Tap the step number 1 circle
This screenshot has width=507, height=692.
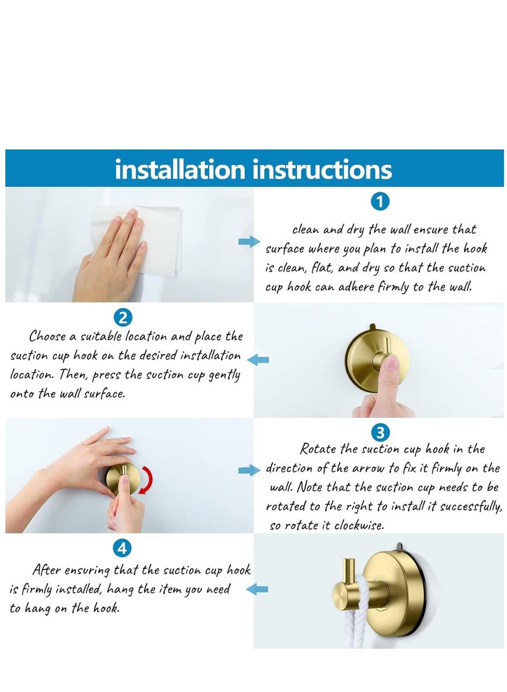[x=379, y=202]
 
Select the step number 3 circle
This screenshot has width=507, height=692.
[x=379, y=433]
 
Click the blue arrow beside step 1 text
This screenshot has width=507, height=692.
[x=249, y=242]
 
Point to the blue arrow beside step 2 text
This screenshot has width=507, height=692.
[x=258, y=360]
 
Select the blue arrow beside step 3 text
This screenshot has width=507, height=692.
[x=249, y=470]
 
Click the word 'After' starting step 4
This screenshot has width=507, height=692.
[x=46, y=570]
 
